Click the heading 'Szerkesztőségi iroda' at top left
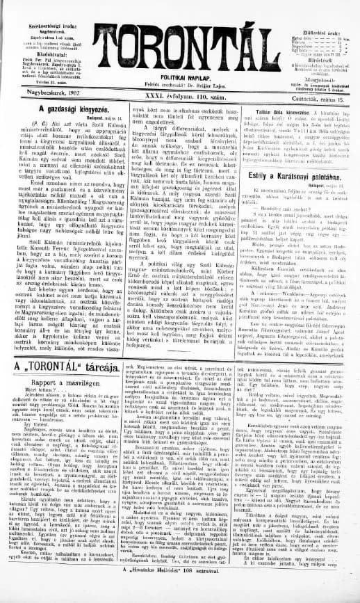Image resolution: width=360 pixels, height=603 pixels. tap(41, 8)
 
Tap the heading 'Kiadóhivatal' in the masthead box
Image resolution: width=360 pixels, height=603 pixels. tap(41, 33)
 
